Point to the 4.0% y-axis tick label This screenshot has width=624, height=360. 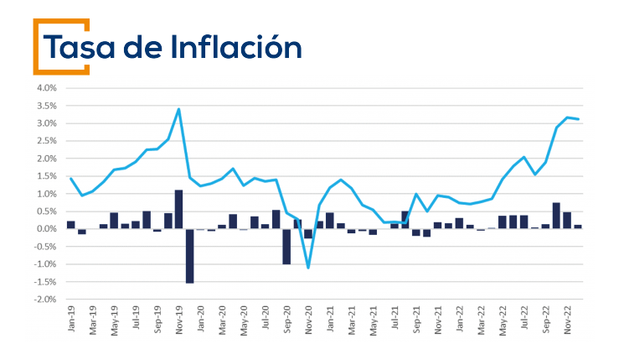pos(45,88)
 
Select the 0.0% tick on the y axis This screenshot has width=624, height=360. pos(45,229)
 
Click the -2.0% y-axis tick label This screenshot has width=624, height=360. pos(44,300)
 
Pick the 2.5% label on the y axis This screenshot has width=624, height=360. pos(45,141)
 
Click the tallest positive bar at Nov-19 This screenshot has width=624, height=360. pos(178,209)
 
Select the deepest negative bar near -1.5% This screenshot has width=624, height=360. pos(189,255)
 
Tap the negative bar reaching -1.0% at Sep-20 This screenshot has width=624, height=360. pos(286,246)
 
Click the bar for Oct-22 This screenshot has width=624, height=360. pos(556,216)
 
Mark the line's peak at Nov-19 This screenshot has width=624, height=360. pos(178,109)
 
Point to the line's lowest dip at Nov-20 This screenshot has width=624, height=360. pos(308,268)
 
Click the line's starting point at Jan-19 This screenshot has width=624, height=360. pos(70,178)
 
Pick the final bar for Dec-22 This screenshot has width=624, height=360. pos(578,227)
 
